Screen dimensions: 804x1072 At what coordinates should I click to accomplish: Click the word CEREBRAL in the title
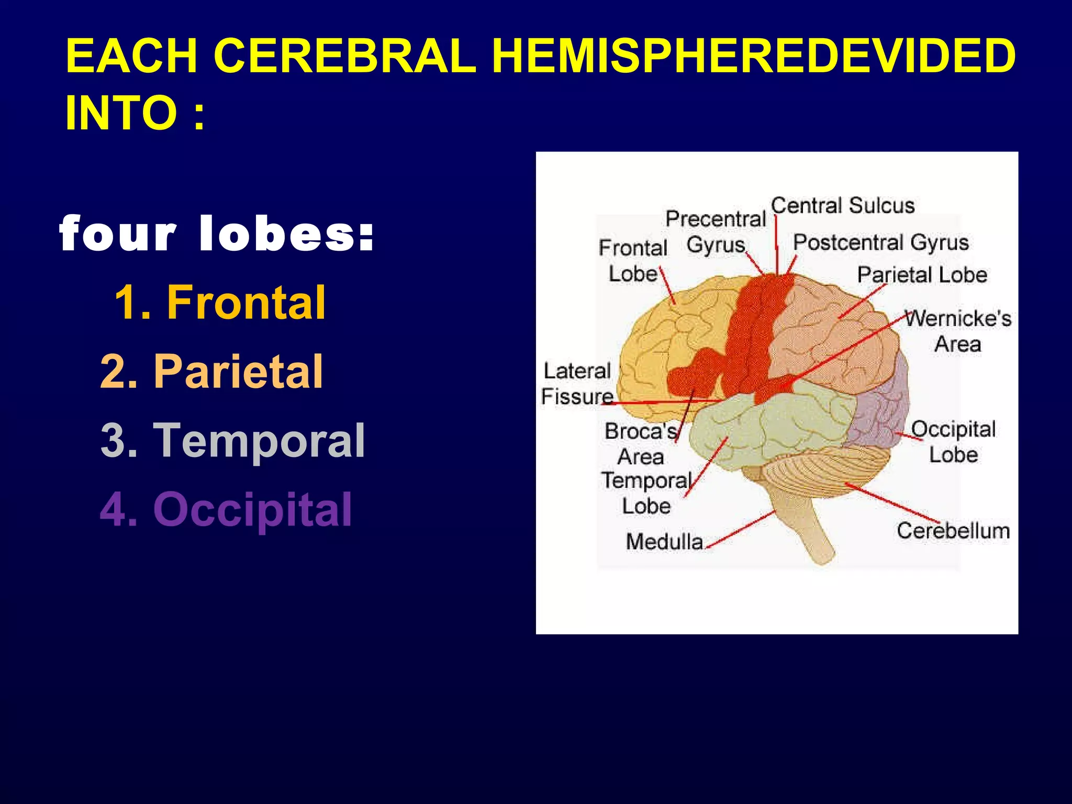point(344,56)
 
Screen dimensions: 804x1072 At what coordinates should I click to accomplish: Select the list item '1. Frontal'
point(220,302)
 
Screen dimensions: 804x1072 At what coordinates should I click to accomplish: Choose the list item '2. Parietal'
point(211,371)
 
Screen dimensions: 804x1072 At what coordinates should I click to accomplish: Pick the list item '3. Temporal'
point(232,440)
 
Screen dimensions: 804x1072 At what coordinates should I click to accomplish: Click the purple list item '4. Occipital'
point(226,509)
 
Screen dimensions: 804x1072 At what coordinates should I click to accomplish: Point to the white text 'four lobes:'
point(217,234)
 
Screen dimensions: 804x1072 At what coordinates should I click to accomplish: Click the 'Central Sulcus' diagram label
point(843,205)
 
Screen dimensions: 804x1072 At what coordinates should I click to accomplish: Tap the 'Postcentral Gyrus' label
point(881,242)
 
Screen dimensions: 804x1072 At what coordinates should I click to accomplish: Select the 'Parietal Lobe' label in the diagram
point(922,275)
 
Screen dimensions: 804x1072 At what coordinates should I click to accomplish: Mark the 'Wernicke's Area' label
point(958,331)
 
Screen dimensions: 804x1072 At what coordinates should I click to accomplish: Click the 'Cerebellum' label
point(953,531)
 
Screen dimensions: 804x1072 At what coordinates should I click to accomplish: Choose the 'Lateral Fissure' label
point(577,384)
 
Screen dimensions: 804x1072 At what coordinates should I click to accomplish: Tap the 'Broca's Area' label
point(641,444)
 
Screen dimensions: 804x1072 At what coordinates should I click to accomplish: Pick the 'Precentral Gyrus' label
point(716,232)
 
